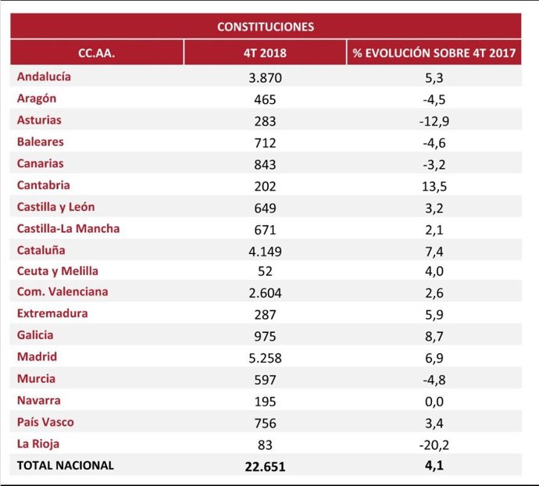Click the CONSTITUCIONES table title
click(x=266, y=27)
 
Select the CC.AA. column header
click(x=97, y=53)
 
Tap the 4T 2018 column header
click(x=265, y=53)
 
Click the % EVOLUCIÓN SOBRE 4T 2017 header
click(x=434, y=53)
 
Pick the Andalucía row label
click(x=44, y=77)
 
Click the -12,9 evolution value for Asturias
click(x=434, y=121)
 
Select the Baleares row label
click(x=41, y=142)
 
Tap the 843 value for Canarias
click(x=266, y=164)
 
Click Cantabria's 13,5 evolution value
click(x=434, y=186)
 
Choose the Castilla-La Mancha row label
click(x=69, y=229)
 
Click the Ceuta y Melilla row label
click(x=58, y=271)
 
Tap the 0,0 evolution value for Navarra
click(x=434, y=402)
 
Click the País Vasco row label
click(x=45, y=422)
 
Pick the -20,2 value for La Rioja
click(x=434, y=445)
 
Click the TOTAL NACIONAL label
click(x=66, y=465)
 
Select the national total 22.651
click(x=266, y=466)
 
